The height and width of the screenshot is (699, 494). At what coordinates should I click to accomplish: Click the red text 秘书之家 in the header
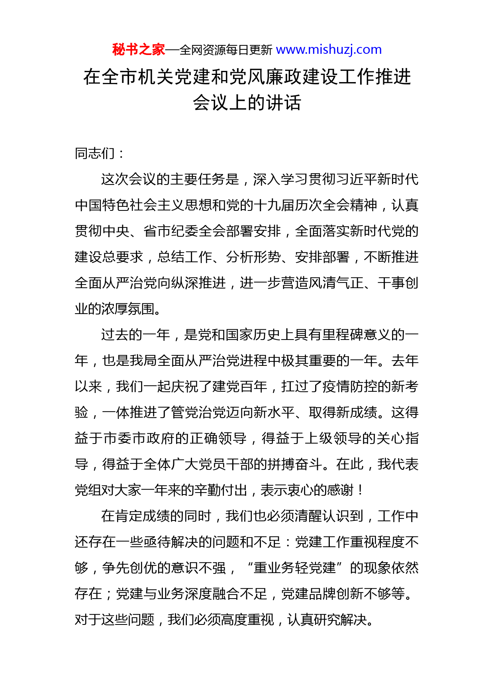[138, 50]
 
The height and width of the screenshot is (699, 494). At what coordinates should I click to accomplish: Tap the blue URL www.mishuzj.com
[329, 50]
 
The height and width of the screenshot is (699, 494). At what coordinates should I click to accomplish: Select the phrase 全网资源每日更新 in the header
[226, 50]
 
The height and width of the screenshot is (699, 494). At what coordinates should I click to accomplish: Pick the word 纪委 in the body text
[184, 231]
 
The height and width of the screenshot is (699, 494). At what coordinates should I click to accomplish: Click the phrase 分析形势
[253, 257]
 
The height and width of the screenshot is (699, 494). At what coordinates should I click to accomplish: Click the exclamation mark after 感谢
[361, 490]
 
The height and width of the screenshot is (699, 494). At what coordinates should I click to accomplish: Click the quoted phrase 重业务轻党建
[294, 568]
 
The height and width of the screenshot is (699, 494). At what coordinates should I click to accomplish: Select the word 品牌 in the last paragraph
[322, 594]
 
